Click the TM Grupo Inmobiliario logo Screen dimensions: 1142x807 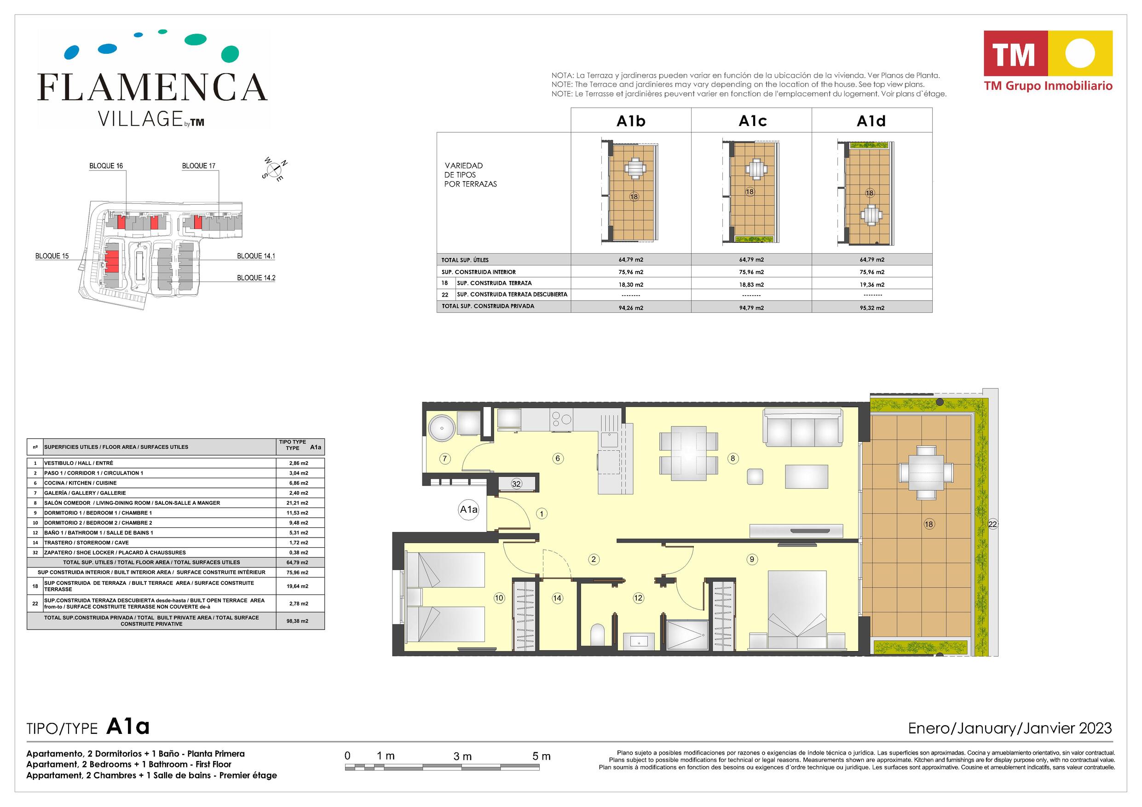click(x=1048, y=61)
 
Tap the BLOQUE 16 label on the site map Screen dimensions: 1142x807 click(x=106, y=166)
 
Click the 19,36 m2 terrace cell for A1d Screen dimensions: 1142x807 click(x=872, y=285)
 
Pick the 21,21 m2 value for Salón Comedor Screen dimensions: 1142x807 click(x=299, y=503)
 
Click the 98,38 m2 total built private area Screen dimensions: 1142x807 click(x=299, y=621)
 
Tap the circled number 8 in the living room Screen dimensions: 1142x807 click(x=732, y=458)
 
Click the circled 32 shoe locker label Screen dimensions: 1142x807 click(x=516, y=484)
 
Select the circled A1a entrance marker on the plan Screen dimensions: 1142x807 click(x=468, y=509)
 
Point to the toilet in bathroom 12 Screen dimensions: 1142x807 click(x=598, y=635)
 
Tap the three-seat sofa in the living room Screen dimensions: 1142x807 click(x=803, y=427)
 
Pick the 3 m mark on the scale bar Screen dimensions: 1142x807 click(x=462, y=756)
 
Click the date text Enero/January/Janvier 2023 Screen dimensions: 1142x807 click(x=1009, y=728)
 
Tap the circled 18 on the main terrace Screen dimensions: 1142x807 click(x=929, y=524)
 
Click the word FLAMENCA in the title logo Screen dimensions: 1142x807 click(x=153, y=87)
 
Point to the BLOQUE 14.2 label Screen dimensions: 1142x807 click(x=256, y=278)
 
